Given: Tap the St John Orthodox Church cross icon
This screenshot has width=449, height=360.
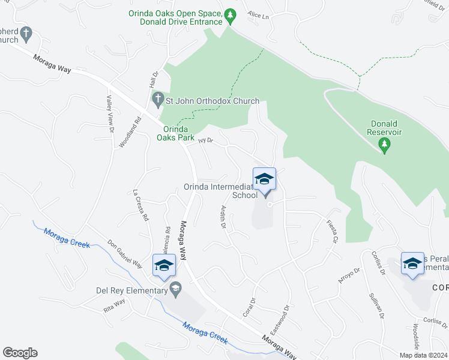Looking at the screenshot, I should point(158,100).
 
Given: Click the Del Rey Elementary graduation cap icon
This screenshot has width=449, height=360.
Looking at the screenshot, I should point(175,290).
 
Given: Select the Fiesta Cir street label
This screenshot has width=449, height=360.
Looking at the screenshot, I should point(331,232).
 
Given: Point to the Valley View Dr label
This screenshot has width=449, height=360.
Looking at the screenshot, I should point(110,114).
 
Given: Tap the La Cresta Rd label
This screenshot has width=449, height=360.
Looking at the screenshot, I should point(140,206).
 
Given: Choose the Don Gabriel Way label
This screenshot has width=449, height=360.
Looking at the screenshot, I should point(124,255).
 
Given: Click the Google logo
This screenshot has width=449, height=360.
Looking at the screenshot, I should point(20,353).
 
